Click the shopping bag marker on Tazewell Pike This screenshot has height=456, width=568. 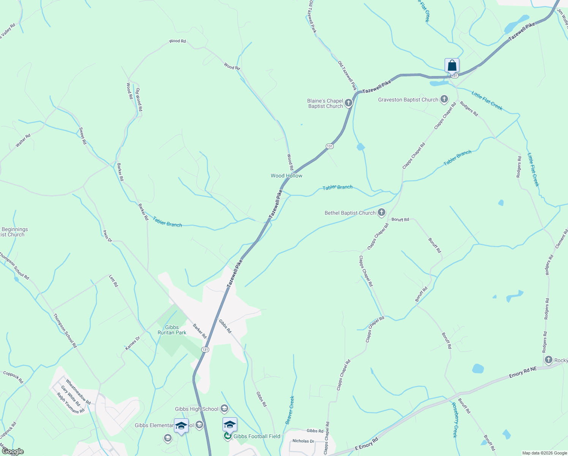(452, 65)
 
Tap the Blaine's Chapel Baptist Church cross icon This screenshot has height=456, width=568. (349, 103)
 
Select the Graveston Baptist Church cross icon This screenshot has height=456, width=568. (444, 100)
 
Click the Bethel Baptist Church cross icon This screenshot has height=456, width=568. (382, 213)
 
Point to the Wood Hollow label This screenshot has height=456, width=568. (286, 176)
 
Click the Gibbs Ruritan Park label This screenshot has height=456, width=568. (172, 330)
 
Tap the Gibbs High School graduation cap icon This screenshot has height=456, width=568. (224, 409)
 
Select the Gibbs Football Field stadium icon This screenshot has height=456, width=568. (227, 436)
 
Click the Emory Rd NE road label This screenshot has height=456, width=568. (523, 372)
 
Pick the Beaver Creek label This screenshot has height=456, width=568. (290, 410)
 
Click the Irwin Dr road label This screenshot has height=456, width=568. (107, 236)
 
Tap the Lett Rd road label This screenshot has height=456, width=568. (114, 281)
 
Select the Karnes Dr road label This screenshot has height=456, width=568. (133, 343)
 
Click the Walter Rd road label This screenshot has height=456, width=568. (23, 141)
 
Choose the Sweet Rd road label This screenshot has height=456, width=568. (82, 136)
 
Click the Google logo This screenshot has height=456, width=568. (13, 451)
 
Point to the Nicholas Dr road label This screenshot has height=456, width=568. (303, 441)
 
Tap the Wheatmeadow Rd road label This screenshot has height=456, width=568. (78, 392)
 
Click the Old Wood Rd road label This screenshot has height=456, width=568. (139, 100)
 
